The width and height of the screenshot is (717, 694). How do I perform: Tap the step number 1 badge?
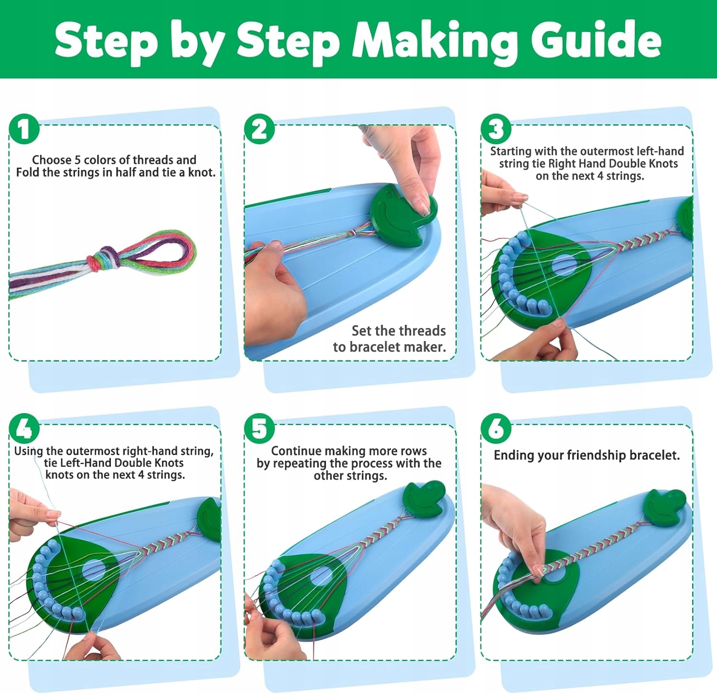coord(24,129)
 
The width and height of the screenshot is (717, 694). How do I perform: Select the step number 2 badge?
coord(260,129)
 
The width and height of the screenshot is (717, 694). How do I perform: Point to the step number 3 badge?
coord(496,129)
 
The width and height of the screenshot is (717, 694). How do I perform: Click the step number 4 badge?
coord(24,428)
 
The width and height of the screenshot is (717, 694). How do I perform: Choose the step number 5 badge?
coord(260,428)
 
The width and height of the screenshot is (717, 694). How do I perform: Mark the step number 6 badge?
coord(496,428)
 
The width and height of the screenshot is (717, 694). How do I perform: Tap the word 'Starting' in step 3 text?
coord(511,151)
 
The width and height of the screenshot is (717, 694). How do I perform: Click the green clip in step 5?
coord(423,499)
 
